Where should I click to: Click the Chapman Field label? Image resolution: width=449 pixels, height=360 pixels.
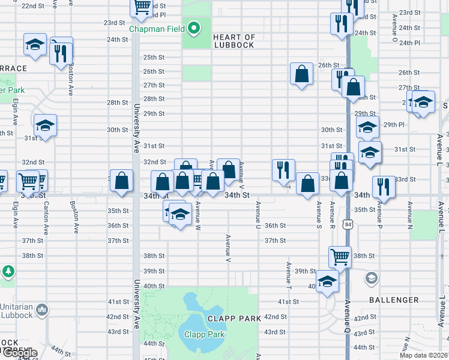click(x=157, y=29)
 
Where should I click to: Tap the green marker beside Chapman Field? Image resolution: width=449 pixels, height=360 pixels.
click(x=193, y=28)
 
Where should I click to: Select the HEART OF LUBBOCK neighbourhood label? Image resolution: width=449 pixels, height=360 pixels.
click(x=234, y=41)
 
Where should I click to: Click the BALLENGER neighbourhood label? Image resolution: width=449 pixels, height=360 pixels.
click(x=394, y=300)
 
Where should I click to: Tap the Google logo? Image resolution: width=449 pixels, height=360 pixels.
click(x=19, y=353)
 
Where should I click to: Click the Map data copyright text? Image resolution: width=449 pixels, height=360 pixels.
click(x=424, y=355)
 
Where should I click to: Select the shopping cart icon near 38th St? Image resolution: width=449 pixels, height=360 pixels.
click(x=340, y=257)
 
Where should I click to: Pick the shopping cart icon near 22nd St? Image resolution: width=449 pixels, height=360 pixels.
click(x=142, y=7)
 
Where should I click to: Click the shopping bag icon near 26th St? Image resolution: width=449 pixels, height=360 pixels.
click(x=302, y=74)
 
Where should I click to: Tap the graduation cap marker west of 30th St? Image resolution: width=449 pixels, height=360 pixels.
click(x=45, y=125)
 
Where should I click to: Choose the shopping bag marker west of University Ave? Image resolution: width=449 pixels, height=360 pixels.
click(x=121, y=181)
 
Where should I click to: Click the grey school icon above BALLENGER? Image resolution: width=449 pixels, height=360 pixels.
click(x=372, y=278)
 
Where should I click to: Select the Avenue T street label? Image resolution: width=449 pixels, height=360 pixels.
click(x=288, y=273)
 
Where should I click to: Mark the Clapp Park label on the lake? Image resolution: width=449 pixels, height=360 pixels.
click(x=204, y=334)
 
